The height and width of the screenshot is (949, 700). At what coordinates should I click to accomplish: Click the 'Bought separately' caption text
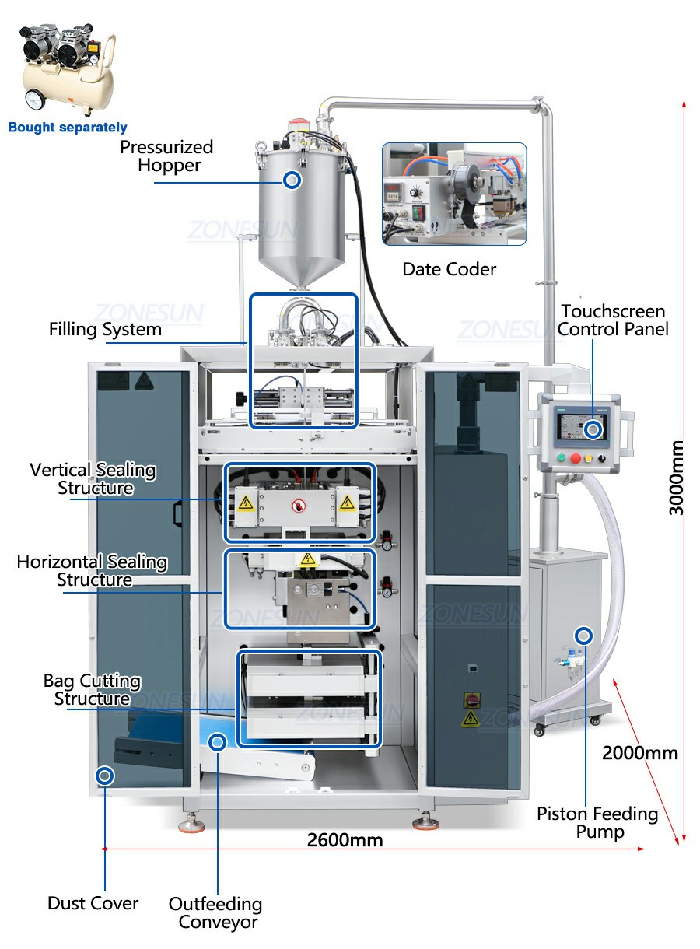(x=68, y=127)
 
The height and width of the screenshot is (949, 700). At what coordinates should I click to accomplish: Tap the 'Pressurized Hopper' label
(x=166, y=156)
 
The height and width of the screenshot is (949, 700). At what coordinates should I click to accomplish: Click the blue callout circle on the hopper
(x=292, y=180)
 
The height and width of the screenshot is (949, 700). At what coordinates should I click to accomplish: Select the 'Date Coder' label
(x=449, y=269)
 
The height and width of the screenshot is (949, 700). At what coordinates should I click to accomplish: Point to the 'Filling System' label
(x=105, y=330)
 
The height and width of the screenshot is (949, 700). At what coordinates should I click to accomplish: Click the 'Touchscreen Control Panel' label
(x=613, y=320)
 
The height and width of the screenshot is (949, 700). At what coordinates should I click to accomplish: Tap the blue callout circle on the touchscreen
(x=593, y=430)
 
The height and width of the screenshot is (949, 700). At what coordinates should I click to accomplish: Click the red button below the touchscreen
(x=575, y=458)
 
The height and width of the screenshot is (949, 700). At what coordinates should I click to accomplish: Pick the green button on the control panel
(x=562, y=457)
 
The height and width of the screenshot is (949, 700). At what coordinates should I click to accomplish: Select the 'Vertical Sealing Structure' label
(x=93, y=478)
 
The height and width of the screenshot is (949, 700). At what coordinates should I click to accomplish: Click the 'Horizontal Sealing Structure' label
(x=92, y=571)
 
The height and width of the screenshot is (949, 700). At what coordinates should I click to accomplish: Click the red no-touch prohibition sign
(x=299, y=506)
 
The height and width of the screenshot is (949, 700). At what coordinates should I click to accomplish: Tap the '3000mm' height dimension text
(x=676, y=478)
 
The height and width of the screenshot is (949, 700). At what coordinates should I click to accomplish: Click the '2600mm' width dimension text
(x=345, y=839)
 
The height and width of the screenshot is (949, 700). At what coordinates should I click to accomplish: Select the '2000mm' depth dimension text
(x=640, y=753)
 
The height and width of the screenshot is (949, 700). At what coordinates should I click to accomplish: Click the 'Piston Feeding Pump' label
(x=597, y=822)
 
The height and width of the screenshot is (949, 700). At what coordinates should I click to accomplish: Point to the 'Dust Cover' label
(x=93, y=903)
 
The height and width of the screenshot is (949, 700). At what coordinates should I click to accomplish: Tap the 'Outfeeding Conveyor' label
(x=215, y=912)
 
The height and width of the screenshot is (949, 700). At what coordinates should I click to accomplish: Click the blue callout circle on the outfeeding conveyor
(x=218, y=742)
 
